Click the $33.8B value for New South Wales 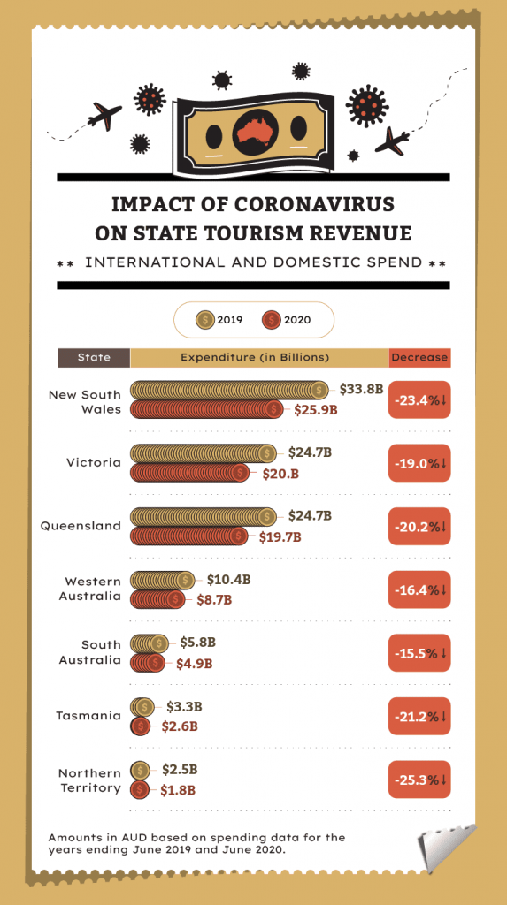361,389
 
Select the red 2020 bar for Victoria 190,473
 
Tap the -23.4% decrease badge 419,399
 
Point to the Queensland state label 81,526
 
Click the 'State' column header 94,358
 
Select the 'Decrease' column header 419,358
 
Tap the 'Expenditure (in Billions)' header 255,358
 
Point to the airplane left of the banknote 104,115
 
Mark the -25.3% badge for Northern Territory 419,780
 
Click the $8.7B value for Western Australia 214,599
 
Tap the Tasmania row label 88,716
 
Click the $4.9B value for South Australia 195,663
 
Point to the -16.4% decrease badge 419,589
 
